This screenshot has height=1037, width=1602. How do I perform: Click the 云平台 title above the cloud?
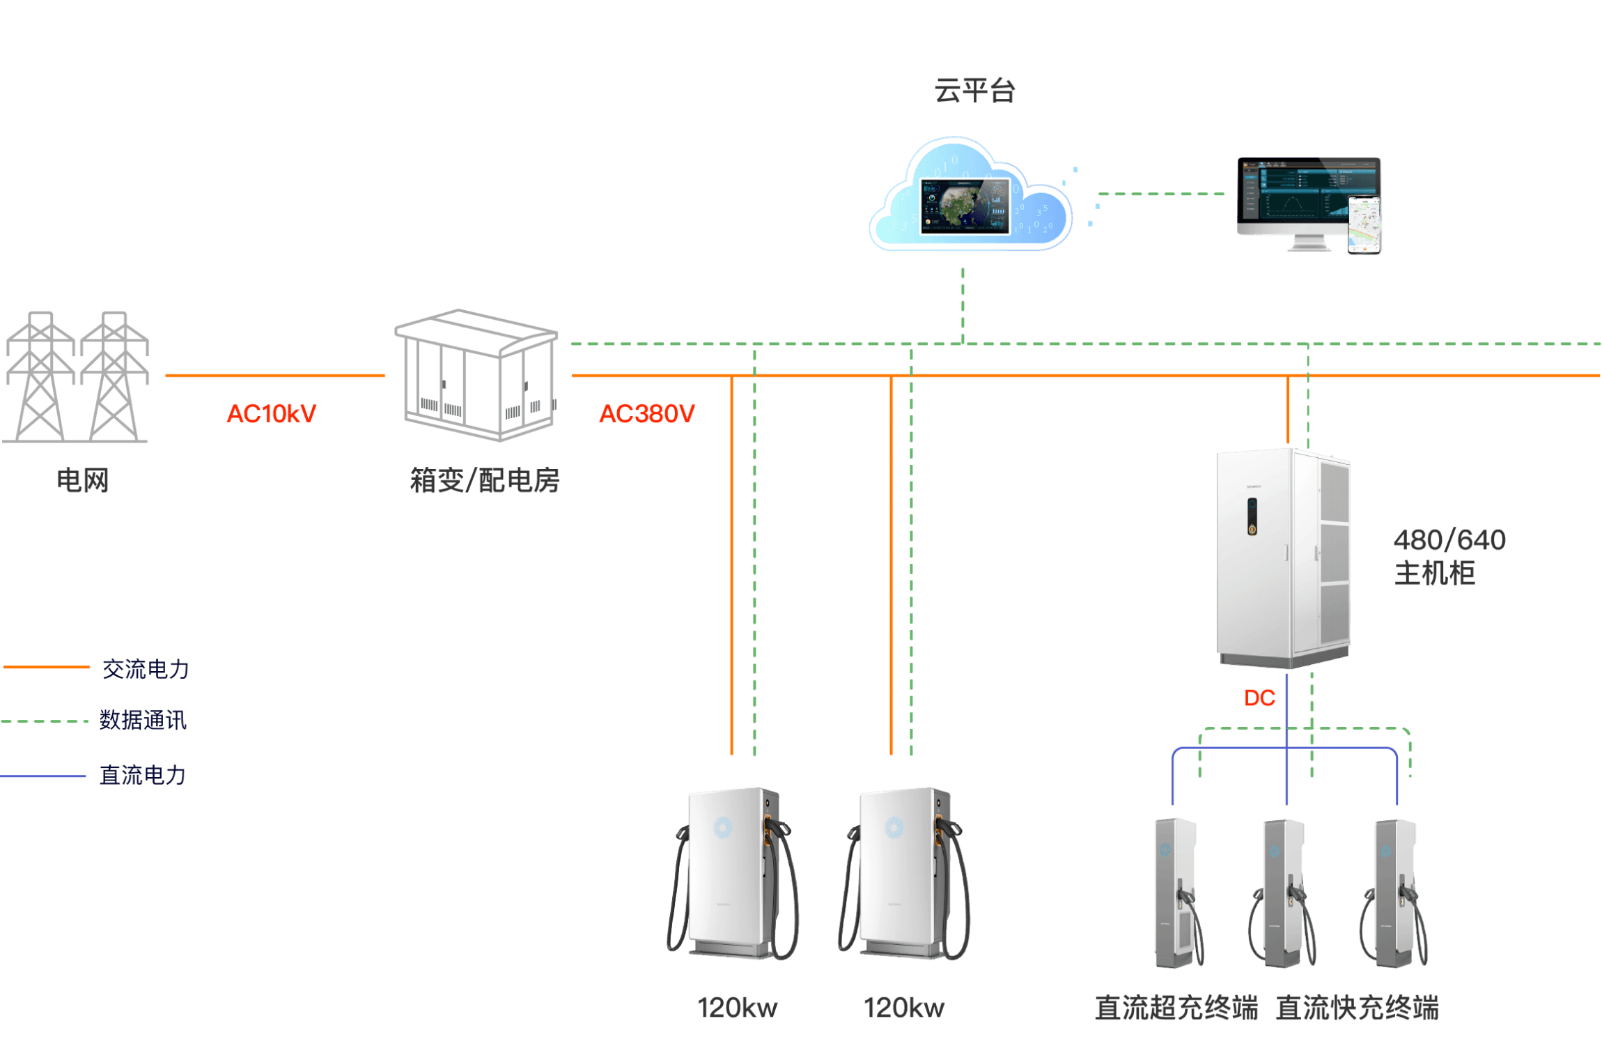[974, 91]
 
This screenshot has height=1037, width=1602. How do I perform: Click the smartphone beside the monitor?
[1364, 225]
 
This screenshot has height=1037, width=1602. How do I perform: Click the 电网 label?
[82, 481]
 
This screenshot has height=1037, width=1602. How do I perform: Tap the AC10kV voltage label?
[272, 413]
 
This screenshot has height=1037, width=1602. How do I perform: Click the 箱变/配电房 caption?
[485, 481]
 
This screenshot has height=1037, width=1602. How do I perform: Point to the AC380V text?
[647, 413]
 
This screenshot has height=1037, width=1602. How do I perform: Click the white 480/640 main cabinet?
[1283, 558]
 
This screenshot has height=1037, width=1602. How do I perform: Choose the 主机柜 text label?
[1434, 574]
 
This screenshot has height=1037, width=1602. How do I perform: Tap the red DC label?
[1259, 698]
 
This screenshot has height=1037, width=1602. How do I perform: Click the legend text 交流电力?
[146, 669]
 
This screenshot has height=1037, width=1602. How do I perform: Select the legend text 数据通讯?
[143, 720]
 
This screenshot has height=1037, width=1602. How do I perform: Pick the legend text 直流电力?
[143, 775]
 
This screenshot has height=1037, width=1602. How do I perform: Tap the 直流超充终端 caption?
[1176, 1008]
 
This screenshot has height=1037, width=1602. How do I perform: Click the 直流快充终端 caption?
[1357, 1008]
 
